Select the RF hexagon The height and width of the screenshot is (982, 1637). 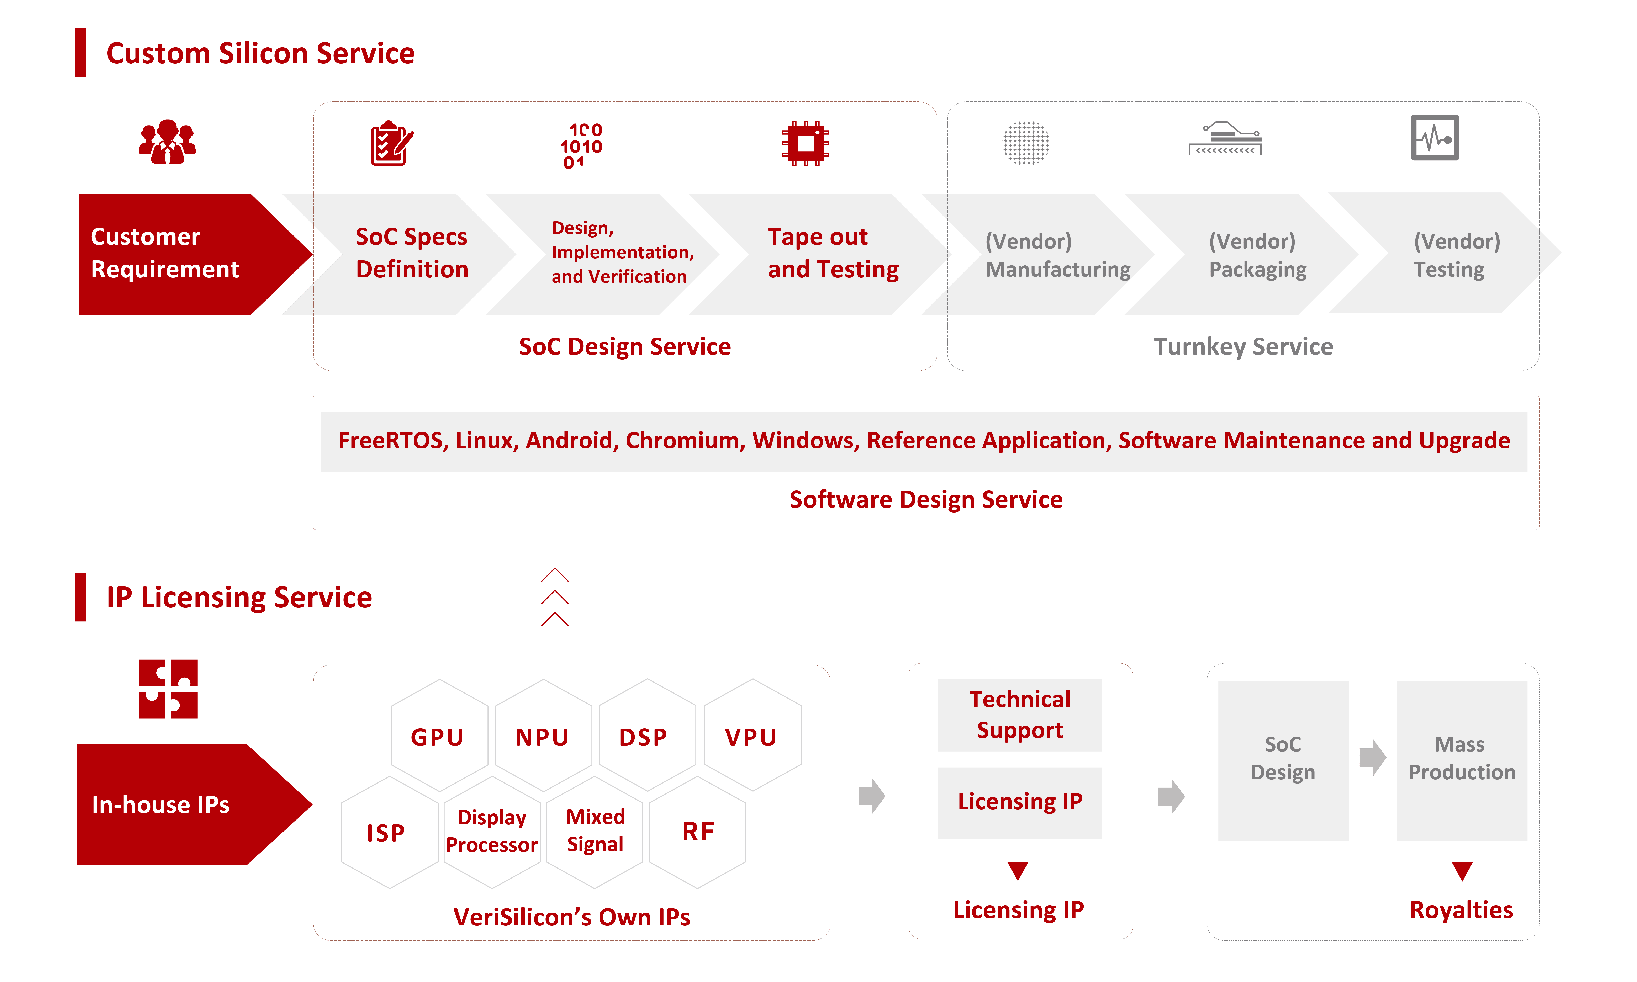697,832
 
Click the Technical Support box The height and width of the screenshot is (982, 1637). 1020,715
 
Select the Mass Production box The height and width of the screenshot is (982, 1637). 1462,760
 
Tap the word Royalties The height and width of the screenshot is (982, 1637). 1461,910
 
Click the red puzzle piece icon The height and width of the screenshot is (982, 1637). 168,689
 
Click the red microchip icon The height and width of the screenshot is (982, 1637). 805,143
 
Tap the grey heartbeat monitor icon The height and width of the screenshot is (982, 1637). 1435,138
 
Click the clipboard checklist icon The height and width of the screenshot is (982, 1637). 391,144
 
